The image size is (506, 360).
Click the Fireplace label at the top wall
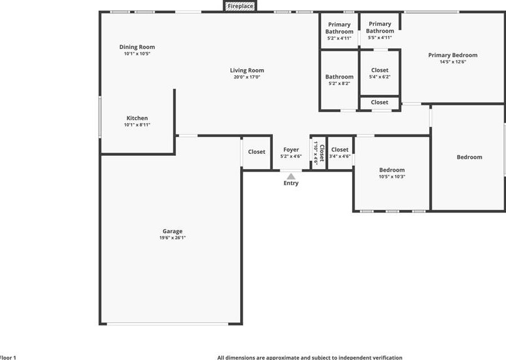(240, 6)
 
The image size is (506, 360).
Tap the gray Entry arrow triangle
(290, 177)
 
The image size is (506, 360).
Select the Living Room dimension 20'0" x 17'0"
(246, 77)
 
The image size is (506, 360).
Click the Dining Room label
(137, 47)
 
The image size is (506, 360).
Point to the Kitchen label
(137, 118)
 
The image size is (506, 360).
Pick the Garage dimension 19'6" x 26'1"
(172, 238)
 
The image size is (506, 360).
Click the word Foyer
(290, 150)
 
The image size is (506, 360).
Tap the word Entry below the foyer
(290, 183)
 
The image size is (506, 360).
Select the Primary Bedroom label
(453, 55)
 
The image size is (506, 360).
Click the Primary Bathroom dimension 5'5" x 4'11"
(380, 38)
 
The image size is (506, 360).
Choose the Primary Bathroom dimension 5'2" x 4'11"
(339, 38)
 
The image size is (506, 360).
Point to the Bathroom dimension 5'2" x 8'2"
(339, 84)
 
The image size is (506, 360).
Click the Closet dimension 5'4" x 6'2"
(380, 77)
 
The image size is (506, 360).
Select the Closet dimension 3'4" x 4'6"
(339, 156)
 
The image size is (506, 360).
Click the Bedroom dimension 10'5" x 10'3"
(392, 177)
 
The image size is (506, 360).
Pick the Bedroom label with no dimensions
(469, 157)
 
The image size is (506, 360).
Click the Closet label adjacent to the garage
(256, 152)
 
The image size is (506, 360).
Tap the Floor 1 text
(8, 357)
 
